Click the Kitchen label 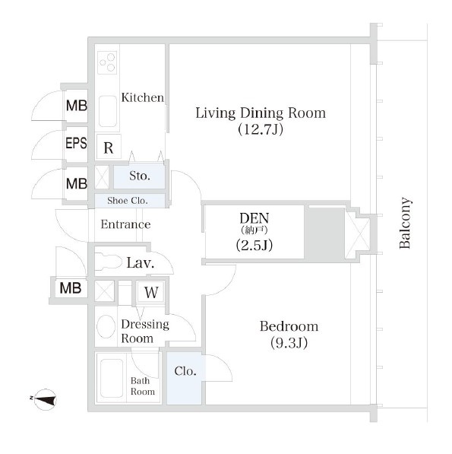click(143, 97)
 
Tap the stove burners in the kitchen click(107, 62)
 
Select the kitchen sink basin click(108, 112)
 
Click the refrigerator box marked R click(109, 147)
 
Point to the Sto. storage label click(140, 176)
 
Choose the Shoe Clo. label click(128, 200)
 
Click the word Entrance click(125, 224)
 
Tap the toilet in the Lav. click(109, 262)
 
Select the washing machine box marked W click(151, 292)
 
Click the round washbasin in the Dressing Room click(106, 326)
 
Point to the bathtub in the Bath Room click(112, 378)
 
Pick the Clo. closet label click(185, 371)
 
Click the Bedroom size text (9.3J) click(289, 343)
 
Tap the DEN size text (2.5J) click(254, 245)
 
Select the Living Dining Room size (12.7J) click(261, 129)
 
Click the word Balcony click(405, 223)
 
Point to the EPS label click(76, 143)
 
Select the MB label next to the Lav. click(71, 287)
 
